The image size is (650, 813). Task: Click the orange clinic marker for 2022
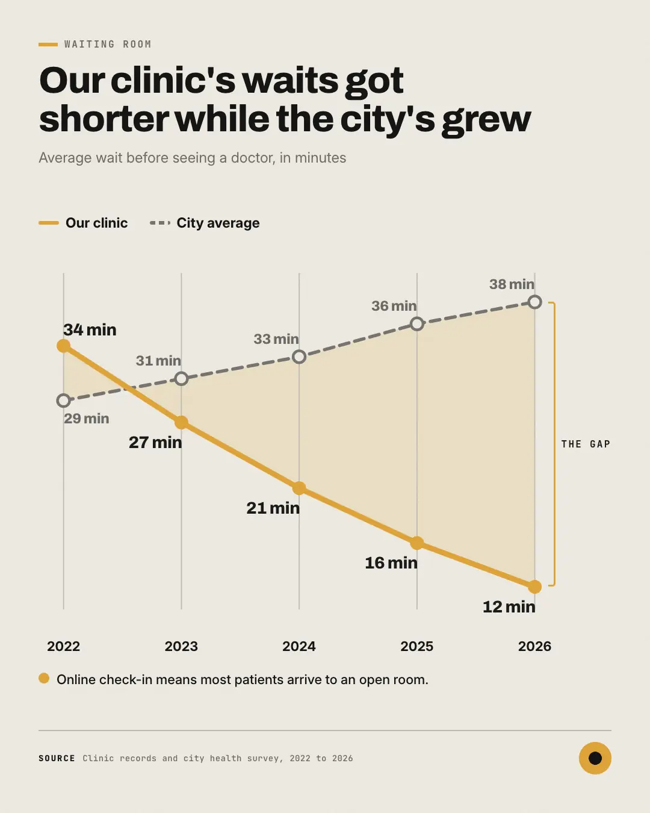coord(63,346)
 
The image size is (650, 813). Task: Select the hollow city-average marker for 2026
coord(534,302)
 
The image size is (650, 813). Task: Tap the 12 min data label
coord(509,607)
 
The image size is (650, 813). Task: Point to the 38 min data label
coord(512,284)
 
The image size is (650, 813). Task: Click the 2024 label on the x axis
coord(299,646)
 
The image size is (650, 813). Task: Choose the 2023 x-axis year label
coord(181,646)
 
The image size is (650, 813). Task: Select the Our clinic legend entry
coord(83,223)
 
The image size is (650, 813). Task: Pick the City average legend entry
coord(205,223)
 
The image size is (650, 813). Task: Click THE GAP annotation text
coord(586,444)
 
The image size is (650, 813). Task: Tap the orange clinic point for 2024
coord(299,488)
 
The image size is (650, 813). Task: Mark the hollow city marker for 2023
coord(181,379)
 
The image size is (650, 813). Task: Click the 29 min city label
coord(87,419)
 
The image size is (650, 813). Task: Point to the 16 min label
coord(391,563)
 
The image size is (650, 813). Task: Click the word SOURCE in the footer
coord(57,758)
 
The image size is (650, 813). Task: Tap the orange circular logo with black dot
coord(595,758)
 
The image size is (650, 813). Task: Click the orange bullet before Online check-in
coord(44,678)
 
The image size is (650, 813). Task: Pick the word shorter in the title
coord(104,119)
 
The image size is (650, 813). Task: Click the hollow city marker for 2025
coord(416,324)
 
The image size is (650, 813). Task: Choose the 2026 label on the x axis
coord(534,646)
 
